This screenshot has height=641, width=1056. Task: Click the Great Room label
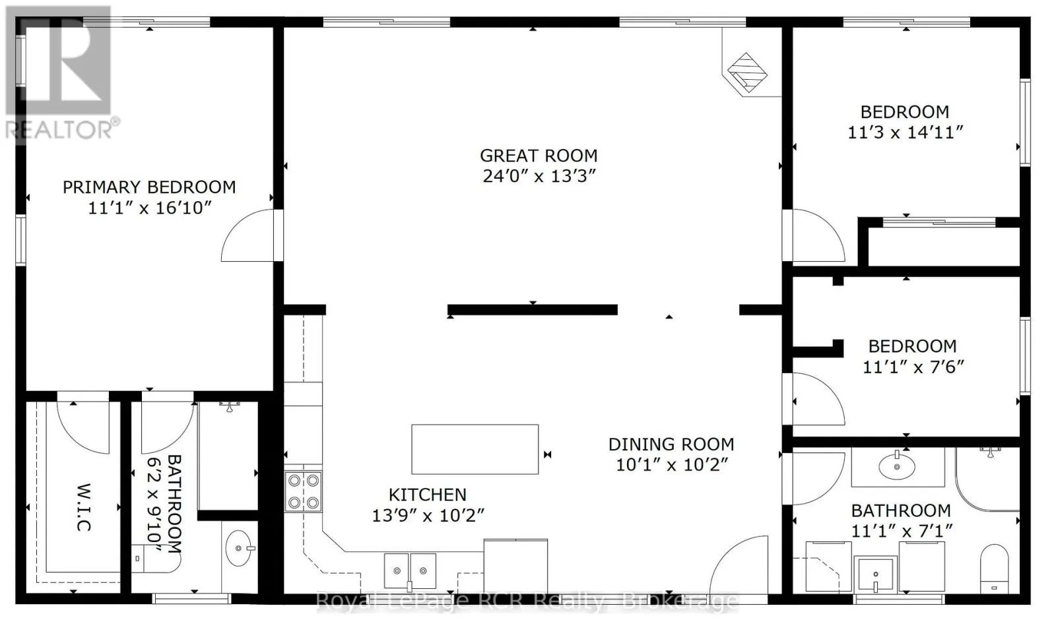pos(539,156)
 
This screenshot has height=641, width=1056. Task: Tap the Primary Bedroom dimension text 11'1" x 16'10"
pos(149,208)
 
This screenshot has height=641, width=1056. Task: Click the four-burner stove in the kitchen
pos(303,492)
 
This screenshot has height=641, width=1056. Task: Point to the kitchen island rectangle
pos(475,449)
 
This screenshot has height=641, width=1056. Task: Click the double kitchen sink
pos(410,571)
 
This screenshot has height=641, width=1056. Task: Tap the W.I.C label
pos(83,507)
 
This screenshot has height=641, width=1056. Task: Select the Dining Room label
pos(671,444)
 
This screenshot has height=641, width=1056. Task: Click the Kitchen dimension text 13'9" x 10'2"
pos(428,516)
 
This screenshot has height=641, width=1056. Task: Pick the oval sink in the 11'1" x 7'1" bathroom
pos(897,466)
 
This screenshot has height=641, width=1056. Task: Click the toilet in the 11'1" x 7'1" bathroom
pos(994,568)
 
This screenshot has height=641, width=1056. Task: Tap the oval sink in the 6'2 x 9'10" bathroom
pos(238,548)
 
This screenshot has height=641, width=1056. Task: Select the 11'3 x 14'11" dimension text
pos(905,133)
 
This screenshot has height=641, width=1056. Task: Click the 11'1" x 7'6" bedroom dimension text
pos(913,367)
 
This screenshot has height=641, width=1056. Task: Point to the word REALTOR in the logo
pos(59,130)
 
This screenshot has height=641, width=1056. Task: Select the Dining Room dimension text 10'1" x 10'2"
pos(673,465)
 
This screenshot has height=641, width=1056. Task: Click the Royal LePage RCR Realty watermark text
pos(527,601)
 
